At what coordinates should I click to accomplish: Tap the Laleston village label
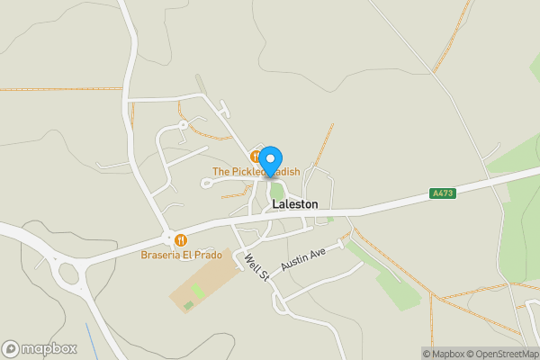click(294, 204)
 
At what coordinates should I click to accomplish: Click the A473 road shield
click(442, 193)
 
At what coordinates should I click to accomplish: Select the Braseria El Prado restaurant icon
click(181, 240)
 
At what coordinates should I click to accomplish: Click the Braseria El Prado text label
click(181, 256)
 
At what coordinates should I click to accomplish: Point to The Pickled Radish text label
click(256, 172)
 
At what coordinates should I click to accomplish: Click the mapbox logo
click(39, 348)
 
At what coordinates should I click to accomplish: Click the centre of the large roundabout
click(68, 274)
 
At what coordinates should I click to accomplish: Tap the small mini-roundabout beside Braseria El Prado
click(167, 238)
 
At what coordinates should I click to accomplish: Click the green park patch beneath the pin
click(277, 191)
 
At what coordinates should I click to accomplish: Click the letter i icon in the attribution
click(415, 354)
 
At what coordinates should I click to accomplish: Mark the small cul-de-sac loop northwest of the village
click(183, 124)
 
